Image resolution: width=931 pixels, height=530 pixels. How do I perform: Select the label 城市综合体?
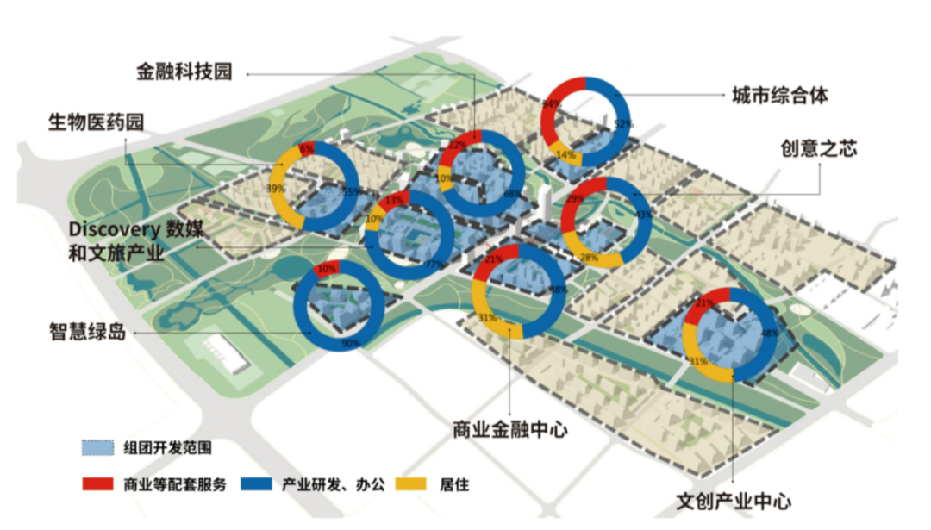pos(779,95)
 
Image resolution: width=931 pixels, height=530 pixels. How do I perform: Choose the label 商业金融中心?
pos(510,428)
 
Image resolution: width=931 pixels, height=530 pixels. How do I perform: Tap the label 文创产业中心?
pos(734,500)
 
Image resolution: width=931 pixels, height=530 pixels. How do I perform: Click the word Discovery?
pos(115,229)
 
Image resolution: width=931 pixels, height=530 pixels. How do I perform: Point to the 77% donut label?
pos(433,264)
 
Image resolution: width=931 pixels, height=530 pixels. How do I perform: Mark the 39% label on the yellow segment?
pos(275,189)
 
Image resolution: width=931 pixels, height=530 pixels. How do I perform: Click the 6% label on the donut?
pos(306,149)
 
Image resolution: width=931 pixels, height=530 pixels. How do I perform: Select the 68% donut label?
pos(512,194)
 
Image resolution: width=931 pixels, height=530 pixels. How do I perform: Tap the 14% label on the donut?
pos(566,155)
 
